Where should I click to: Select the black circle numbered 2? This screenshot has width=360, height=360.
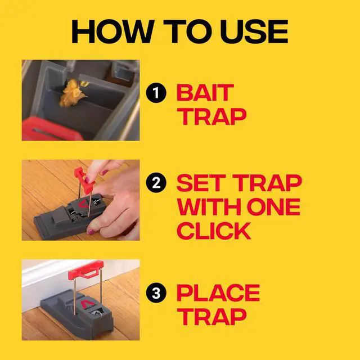(x=156, y=183)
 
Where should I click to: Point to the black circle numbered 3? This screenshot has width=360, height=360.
(x=156, y=292)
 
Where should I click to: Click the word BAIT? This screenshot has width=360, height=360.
(x=204, y=92)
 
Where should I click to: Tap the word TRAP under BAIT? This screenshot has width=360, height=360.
(x=211, y=116)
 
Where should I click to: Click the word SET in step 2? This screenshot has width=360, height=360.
(x=200, y=183)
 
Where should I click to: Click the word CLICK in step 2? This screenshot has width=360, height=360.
(x=214, y=231)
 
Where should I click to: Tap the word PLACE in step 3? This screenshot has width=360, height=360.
(x=218, y=292)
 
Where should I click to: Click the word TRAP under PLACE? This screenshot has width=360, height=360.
(x=211, y=317)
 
